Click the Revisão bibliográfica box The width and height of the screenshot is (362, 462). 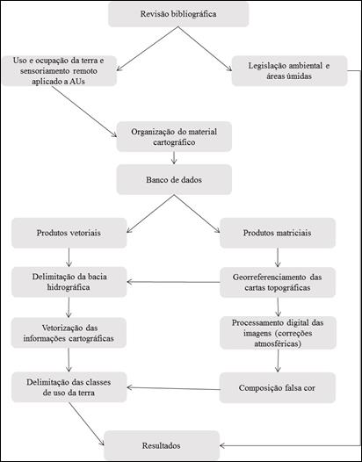tap(178, 14)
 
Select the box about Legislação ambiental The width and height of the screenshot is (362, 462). tap(289, 71)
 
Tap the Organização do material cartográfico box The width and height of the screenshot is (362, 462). tap(174, 136)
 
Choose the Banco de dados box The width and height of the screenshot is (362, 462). tap(174, 179)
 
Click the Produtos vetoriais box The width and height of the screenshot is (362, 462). tap(69, 233)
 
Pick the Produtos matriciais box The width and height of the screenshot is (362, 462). tap(278, 233)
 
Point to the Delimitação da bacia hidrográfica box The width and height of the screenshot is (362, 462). tap(69, 282)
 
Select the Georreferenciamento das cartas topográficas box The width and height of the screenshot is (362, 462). tap(278, 282)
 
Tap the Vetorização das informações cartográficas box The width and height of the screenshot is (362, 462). tap(69, 333)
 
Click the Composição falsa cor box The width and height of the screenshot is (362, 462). tap(278, 387)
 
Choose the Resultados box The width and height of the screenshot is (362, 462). tap(162, 445)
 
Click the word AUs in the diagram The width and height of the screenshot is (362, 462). tap(77, 82)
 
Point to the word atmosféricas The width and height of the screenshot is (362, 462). tap(278, 343)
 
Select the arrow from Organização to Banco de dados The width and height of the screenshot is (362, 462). tap(174, 158)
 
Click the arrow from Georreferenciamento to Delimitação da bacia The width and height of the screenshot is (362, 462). tap(173, 282)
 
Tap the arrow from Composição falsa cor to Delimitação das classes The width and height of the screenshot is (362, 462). tap(173, 388)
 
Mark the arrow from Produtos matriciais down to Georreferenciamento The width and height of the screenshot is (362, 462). tap(278, 257)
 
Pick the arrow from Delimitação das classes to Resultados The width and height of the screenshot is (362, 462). tap(87, 423)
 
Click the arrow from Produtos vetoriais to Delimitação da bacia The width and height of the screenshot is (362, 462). tap(69, 257)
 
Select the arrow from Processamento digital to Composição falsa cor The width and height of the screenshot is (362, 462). tap(278, 360)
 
